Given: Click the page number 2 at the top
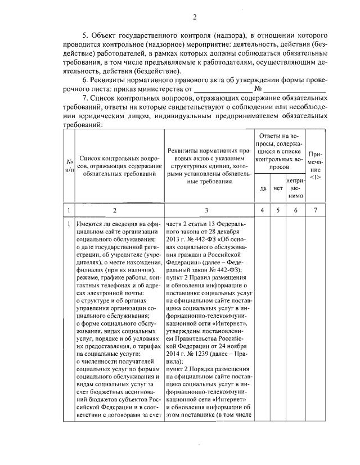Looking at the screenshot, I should click(194, 17).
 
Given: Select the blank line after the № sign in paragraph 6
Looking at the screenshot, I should click(295, 89).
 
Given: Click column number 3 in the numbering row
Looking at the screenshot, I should click(209, 210).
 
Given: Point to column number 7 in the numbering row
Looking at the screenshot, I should click(316, 210).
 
